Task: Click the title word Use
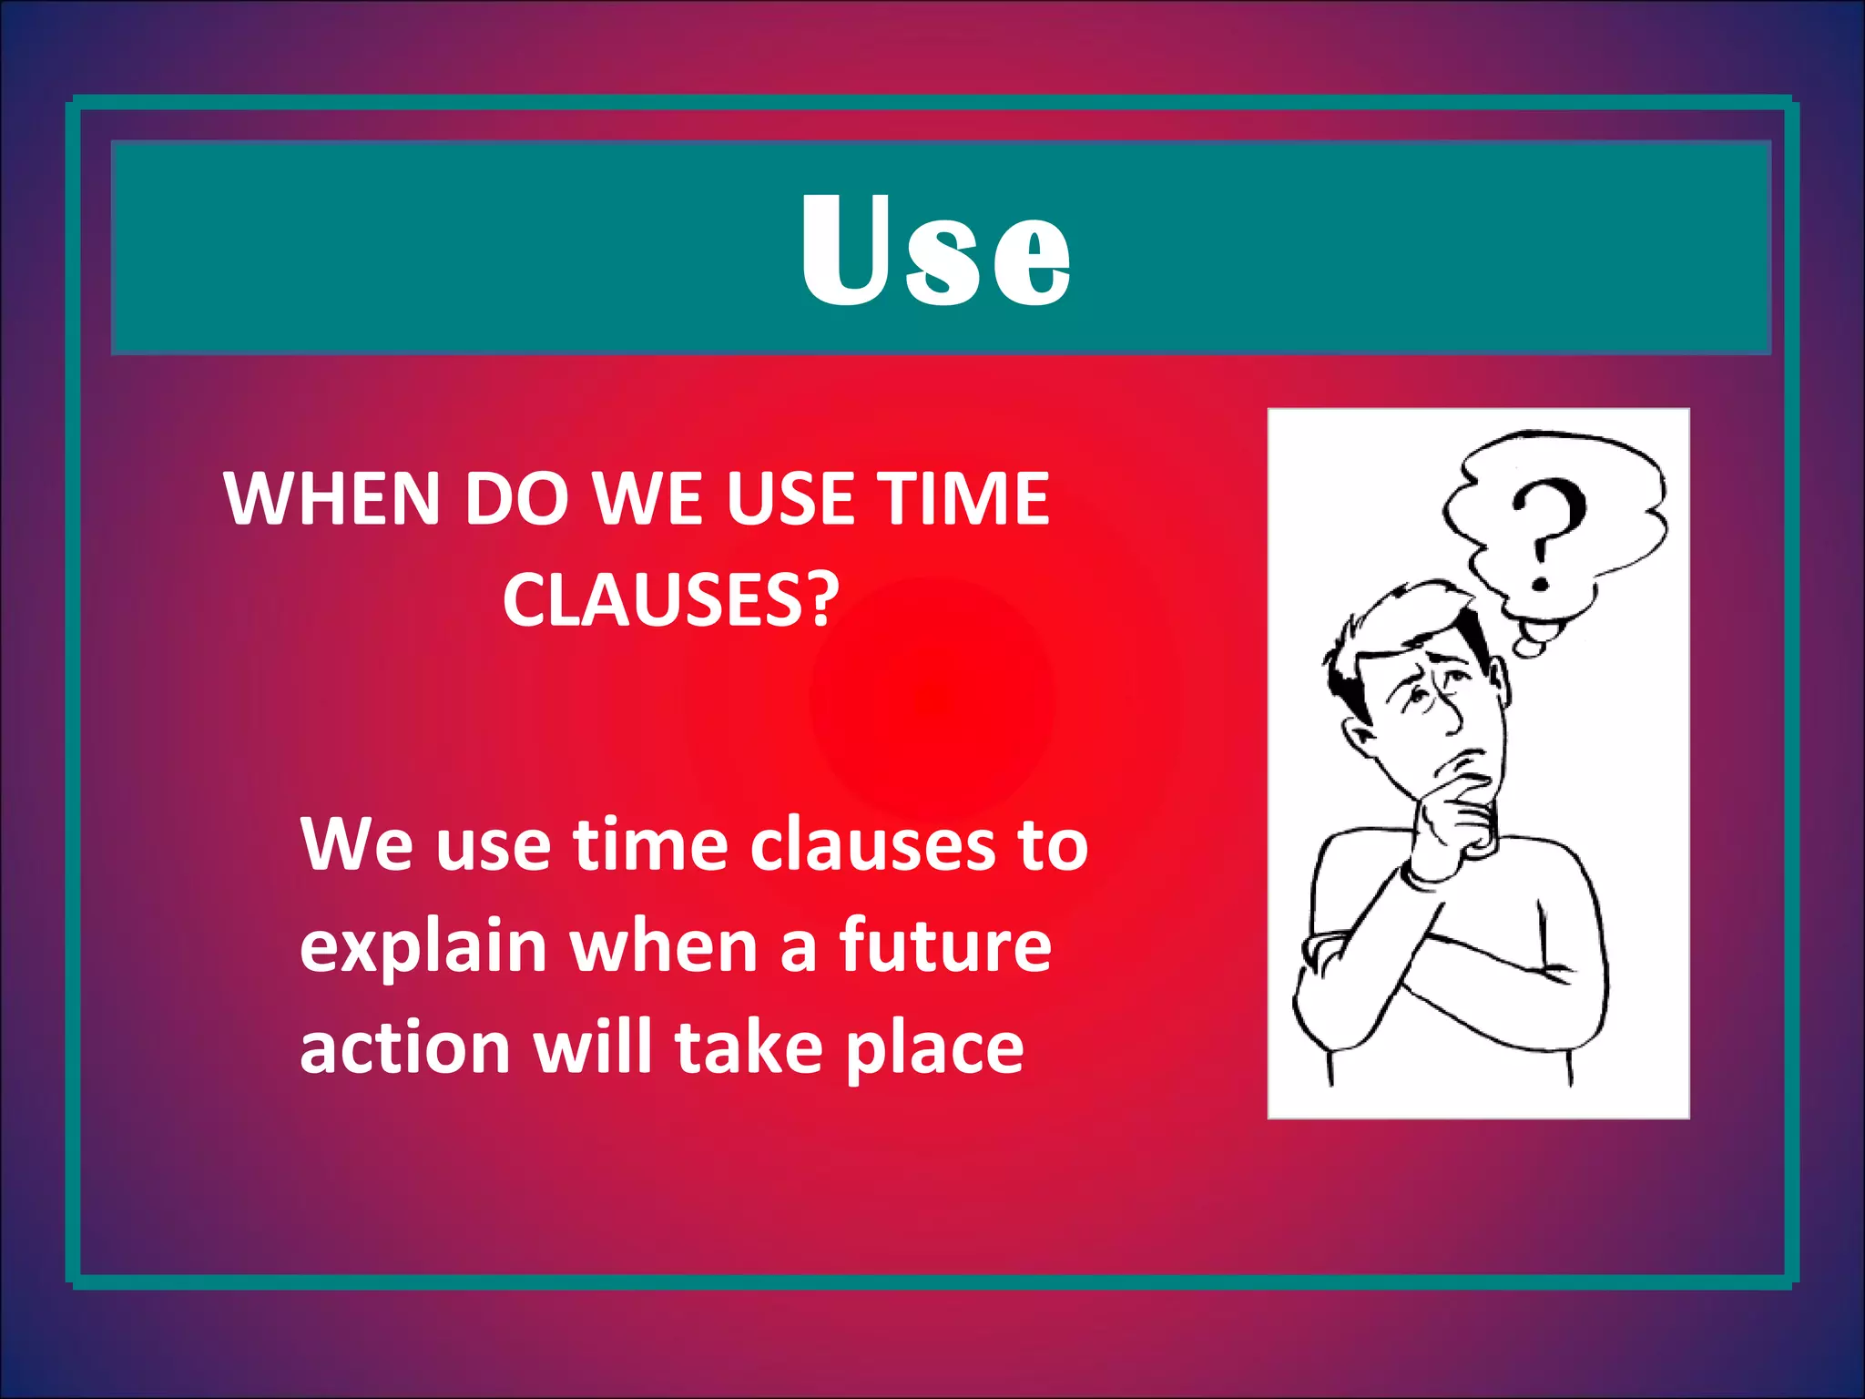(x=935, y=250)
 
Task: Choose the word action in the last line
(x=404, y=1047)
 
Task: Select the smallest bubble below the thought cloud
(x=1529, y=648)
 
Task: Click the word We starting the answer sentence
(x=357, y=844)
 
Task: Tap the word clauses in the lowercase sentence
(x=872, y=844)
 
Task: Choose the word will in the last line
(x=593, y=1047)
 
